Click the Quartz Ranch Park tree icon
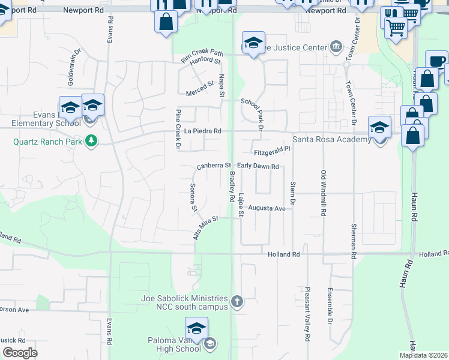pos(91,141)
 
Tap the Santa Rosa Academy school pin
pos(379,128)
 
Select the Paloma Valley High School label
pos(175,344)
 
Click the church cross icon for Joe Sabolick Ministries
pos(237,301)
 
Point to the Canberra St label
pos(214,166)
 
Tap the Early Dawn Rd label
pos(258,166)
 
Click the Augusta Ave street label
pos(267,208)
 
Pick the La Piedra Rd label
pos(203,131)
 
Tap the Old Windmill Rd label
pos(323,193)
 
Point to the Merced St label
pos(200,89)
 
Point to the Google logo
pos(20,353)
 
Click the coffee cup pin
pos(436,61)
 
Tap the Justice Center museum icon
pos(335,47)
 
